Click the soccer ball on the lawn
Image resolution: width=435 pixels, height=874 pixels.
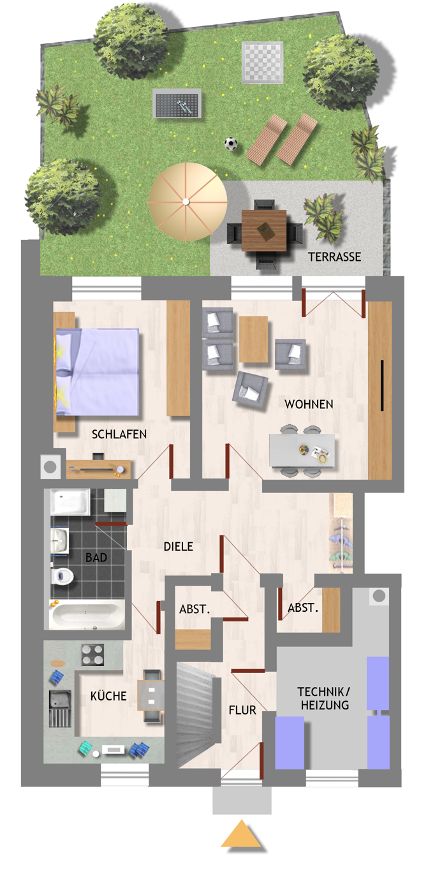click(230, 144)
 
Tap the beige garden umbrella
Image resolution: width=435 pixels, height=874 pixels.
click(188, 202)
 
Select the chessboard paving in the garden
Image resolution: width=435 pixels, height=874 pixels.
click(262, 63)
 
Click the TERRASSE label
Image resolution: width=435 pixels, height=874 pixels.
click(334, 256)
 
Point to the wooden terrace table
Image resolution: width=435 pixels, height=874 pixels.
click(263, 230)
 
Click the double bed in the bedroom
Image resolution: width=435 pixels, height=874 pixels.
click(98, 371)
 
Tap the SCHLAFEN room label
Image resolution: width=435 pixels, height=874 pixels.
click(119, 434)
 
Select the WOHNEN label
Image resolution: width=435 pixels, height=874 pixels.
click(309, 404)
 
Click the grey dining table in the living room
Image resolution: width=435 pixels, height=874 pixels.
click(302, 450)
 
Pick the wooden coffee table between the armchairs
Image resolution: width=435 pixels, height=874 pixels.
click(254, 339)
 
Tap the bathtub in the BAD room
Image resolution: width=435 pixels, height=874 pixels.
click(87, 616)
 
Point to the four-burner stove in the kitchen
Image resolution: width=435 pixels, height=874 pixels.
click(93, 655)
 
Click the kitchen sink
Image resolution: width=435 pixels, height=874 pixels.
click(60, 709)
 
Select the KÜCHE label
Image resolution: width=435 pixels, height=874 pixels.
click(108, 696)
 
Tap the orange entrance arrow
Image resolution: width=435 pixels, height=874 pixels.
click(241, 834)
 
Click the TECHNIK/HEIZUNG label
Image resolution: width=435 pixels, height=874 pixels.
click(324, 699)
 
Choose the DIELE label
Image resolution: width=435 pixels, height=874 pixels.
click(179, 547)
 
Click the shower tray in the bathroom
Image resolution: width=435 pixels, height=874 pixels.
click(70, 502)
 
